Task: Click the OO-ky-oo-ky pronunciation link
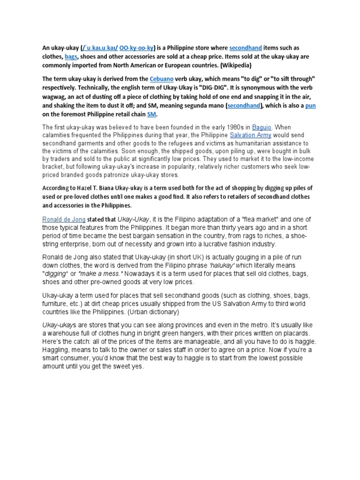pyautogui.click(x=136, y=48)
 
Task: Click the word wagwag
pyautogui.click(x=52, y=97)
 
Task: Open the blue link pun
pyautogui.click(x=310, y=105)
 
